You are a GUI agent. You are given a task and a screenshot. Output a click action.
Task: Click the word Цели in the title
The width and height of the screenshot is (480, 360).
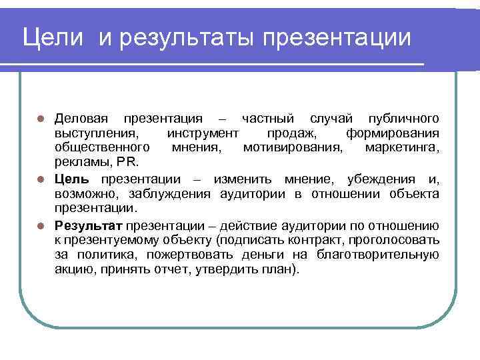(x=53, y=37)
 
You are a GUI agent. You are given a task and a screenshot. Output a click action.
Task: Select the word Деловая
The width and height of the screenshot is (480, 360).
(x=81, y=118)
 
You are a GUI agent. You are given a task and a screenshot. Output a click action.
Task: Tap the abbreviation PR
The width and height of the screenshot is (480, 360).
(x=127, y=162)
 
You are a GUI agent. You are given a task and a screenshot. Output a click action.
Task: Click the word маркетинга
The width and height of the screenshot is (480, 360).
(x=402, y=147)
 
